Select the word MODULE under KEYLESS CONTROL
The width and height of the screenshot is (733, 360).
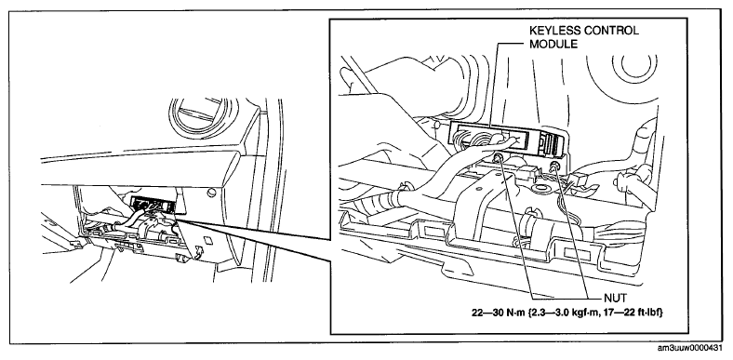(553, 45)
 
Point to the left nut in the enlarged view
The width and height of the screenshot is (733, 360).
(499, 156)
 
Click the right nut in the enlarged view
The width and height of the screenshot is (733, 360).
(555, 166)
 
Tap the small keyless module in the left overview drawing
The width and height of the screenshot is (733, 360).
(153, 204)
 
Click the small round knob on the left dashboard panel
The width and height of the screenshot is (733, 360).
(213, 192)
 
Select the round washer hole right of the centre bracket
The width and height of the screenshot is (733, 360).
(544, 190)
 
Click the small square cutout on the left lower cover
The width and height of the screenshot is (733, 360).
(208, 241)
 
